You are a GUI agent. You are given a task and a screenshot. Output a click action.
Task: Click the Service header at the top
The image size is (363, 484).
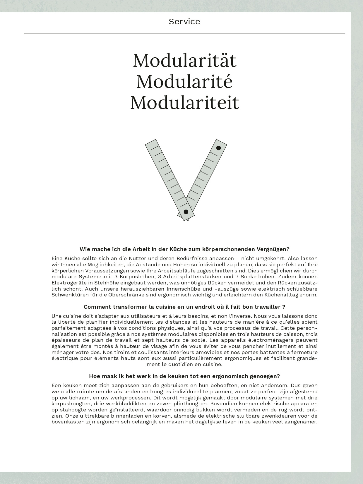click(184, 21)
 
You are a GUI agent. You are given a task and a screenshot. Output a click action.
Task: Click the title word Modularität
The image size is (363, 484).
click(184, 61)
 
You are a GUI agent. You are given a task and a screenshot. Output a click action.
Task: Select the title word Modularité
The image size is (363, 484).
click(184, 81)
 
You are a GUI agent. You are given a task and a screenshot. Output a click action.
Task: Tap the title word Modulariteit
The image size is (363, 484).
click(184, 102)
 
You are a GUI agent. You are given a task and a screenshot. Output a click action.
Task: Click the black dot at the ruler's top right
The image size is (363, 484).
click(218, 148)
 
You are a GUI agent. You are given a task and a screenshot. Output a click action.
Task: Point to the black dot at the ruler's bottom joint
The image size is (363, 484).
click(186, 212)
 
